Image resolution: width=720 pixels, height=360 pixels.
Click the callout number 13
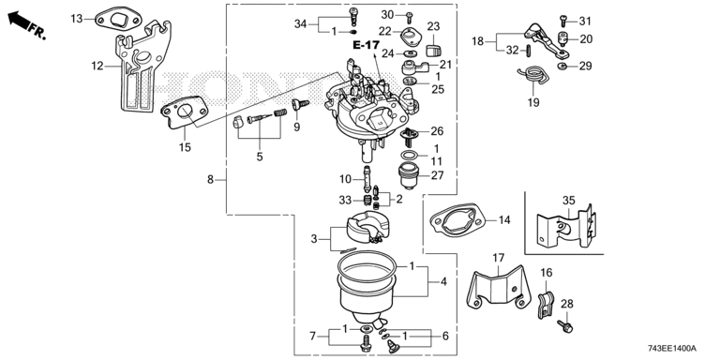pyautogui.click(x=77, y=19)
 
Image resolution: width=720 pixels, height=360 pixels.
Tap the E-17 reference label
pyautogui.click(x=366, y=45)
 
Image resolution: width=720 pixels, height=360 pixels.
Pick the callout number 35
pyautogui.click(x=568, y=201)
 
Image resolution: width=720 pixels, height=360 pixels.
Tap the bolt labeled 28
pyautogui.click(x=565, y=326)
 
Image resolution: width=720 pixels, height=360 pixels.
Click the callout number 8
pyautogui.click(x=210, y=180)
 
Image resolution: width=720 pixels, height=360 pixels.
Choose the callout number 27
pyautogui.click(x=437, y=175)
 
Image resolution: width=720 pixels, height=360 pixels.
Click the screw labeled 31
pyautogui.click(x=562, y=21)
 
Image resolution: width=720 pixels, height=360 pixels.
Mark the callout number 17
pyautogui.click(x=499, y=258)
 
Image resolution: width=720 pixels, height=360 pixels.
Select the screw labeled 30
pyautogui.click(x=409, y=17)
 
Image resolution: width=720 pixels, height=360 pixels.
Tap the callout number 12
pyautogui.click(x=97, y=67)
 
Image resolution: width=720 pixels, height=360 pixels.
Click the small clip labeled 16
pyautogui.click(x=545, y=305)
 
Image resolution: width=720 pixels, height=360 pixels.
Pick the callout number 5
pyautogui.click(x=260, y=157)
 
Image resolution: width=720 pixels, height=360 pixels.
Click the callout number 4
pyautogui.click(x=443, y=281)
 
